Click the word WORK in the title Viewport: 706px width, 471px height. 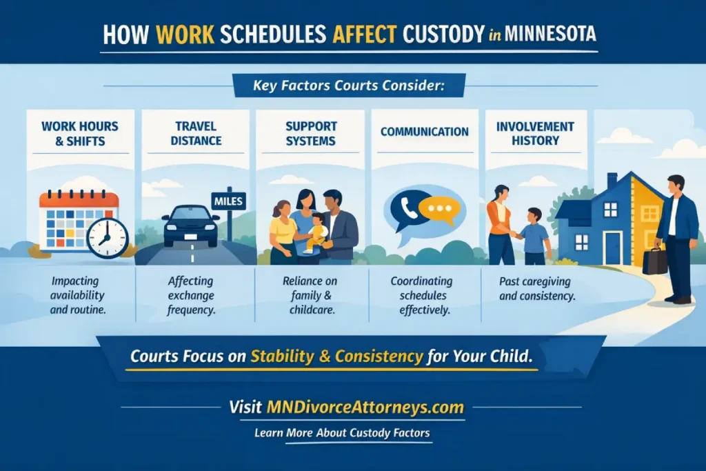point(185,34)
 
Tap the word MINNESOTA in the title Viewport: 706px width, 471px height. point(550,33)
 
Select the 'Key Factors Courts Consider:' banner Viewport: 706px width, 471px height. point(349,85)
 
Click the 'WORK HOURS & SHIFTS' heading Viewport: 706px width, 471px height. point(80,134)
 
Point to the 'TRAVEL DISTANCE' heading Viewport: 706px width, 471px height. point(196,133)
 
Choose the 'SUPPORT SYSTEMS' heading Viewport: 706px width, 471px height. point(311,133)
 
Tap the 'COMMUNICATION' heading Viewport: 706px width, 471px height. point(425,132)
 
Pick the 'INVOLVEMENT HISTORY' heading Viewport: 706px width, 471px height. point(535,133)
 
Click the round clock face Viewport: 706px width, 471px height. point(107,238)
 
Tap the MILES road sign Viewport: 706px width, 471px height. point(228,201)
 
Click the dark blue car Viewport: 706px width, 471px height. point(191,226)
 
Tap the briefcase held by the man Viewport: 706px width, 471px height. point(655,259)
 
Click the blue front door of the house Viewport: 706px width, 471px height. point(612,249)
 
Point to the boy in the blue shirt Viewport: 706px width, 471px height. point(534,236)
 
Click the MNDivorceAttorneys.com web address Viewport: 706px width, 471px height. point(365,407)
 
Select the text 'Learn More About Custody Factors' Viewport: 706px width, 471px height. point(342,432)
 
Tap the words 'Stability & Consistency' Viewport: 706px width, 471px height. point(336,356)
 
